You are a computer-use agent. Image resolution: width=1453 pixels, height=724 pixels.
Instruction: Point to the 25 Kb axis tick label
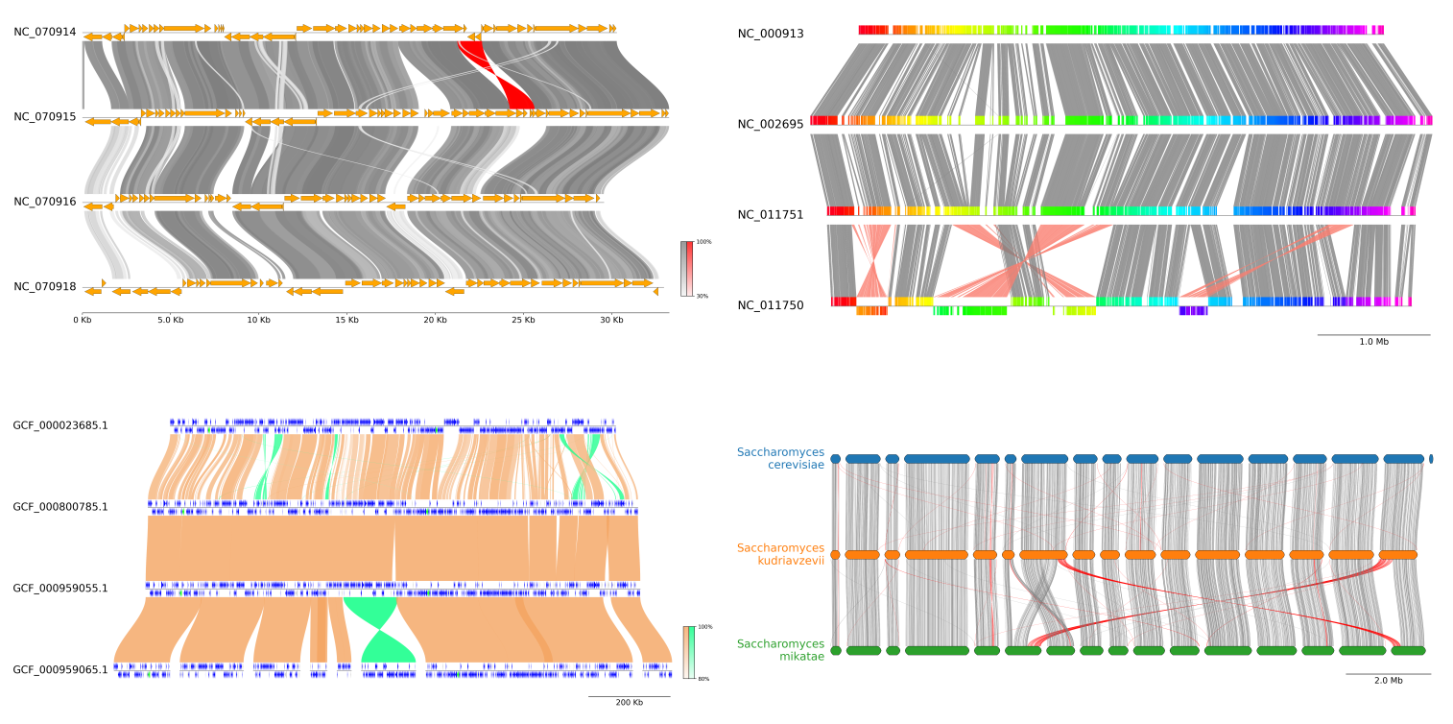point(524,320)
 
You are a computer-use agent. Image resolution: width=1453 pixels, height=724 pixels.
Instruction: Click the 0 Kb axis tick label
point(83,320)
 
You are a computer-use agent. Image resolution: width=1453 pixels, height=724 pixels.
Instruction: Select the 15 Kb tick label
point(346,320)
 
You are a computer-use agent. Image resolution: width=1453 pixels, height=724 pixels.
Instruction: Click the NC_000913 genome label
point(770,34)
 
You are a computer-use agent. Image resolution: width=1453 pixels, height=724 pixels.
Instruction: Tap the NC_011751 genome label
point(770,214)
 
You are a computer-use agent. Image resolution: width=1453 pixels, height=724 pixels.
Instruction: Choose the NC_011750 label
point(770,305)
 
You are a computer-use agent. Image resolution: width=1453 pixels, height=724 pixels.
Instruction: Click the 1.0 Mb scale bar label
point(1373,342)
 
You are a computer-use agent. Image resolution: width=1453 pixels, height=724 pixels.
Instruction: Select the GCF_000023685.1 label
point(60,425)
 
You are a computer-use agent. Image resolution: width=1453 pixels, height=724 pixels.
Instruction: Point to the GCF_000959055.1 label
point(60,589)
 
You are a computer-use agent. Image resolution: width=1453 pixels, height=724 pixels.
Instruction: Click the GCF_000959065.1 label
point(60,669)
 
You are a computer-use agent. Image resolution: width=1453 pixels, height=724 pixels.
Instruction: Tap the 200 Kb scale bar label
point(629,703)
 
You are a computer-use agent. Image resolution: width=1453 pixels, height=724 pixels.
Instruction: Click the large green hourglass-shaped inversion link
point(379,629)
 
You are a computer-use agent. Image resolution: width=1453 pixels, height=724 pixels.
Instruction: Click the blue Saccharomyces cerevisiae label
point(780,458)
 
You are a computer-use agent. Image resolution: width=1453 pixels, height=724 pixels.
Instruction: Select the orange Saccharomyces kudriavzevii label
point(780,554)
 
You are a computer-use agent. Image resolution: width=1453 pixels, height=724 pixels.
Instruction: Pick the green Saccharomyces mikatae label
point(780,650)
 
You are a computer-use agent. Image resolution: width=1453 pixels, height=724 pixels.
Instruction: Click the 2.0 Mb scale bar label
point(1388,681)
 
